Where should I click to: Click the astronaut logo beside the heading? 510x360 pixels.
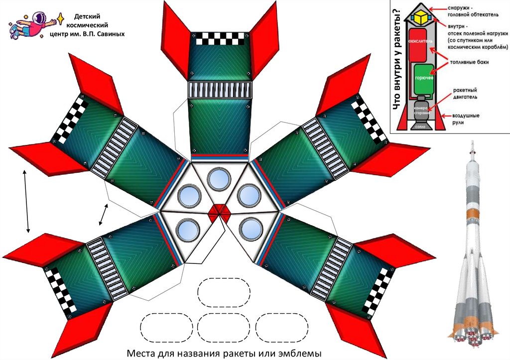pyautogui.click(x=33, y=25)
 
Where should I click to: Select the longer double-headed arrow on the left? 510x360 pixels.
pyautogui.click(x=26, y=201)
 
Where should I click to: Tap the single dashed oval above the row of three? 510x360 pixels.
pyautogui.click(x=224, y=291)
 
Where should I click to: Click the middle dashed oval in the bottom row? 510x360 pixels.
pyautogui.click(x=224, y=328)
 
